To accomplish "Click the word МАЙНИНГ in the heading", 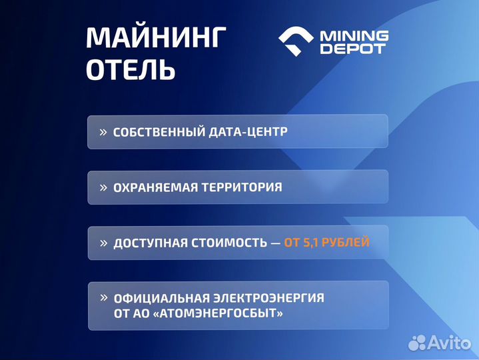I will point(156,38).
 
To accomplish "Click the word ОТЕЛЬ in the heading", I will point(131,70).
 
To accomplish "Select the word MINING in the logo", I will point(354,35).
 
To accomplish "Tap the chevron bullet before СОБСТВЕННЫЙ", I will point(103,132).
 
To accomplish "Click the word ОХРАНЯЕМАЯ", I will point(155,187).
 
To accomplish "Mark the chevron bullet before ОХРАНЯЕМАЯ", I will point(103,187).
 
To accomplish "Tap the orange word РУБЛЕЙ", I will point(346,243).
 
